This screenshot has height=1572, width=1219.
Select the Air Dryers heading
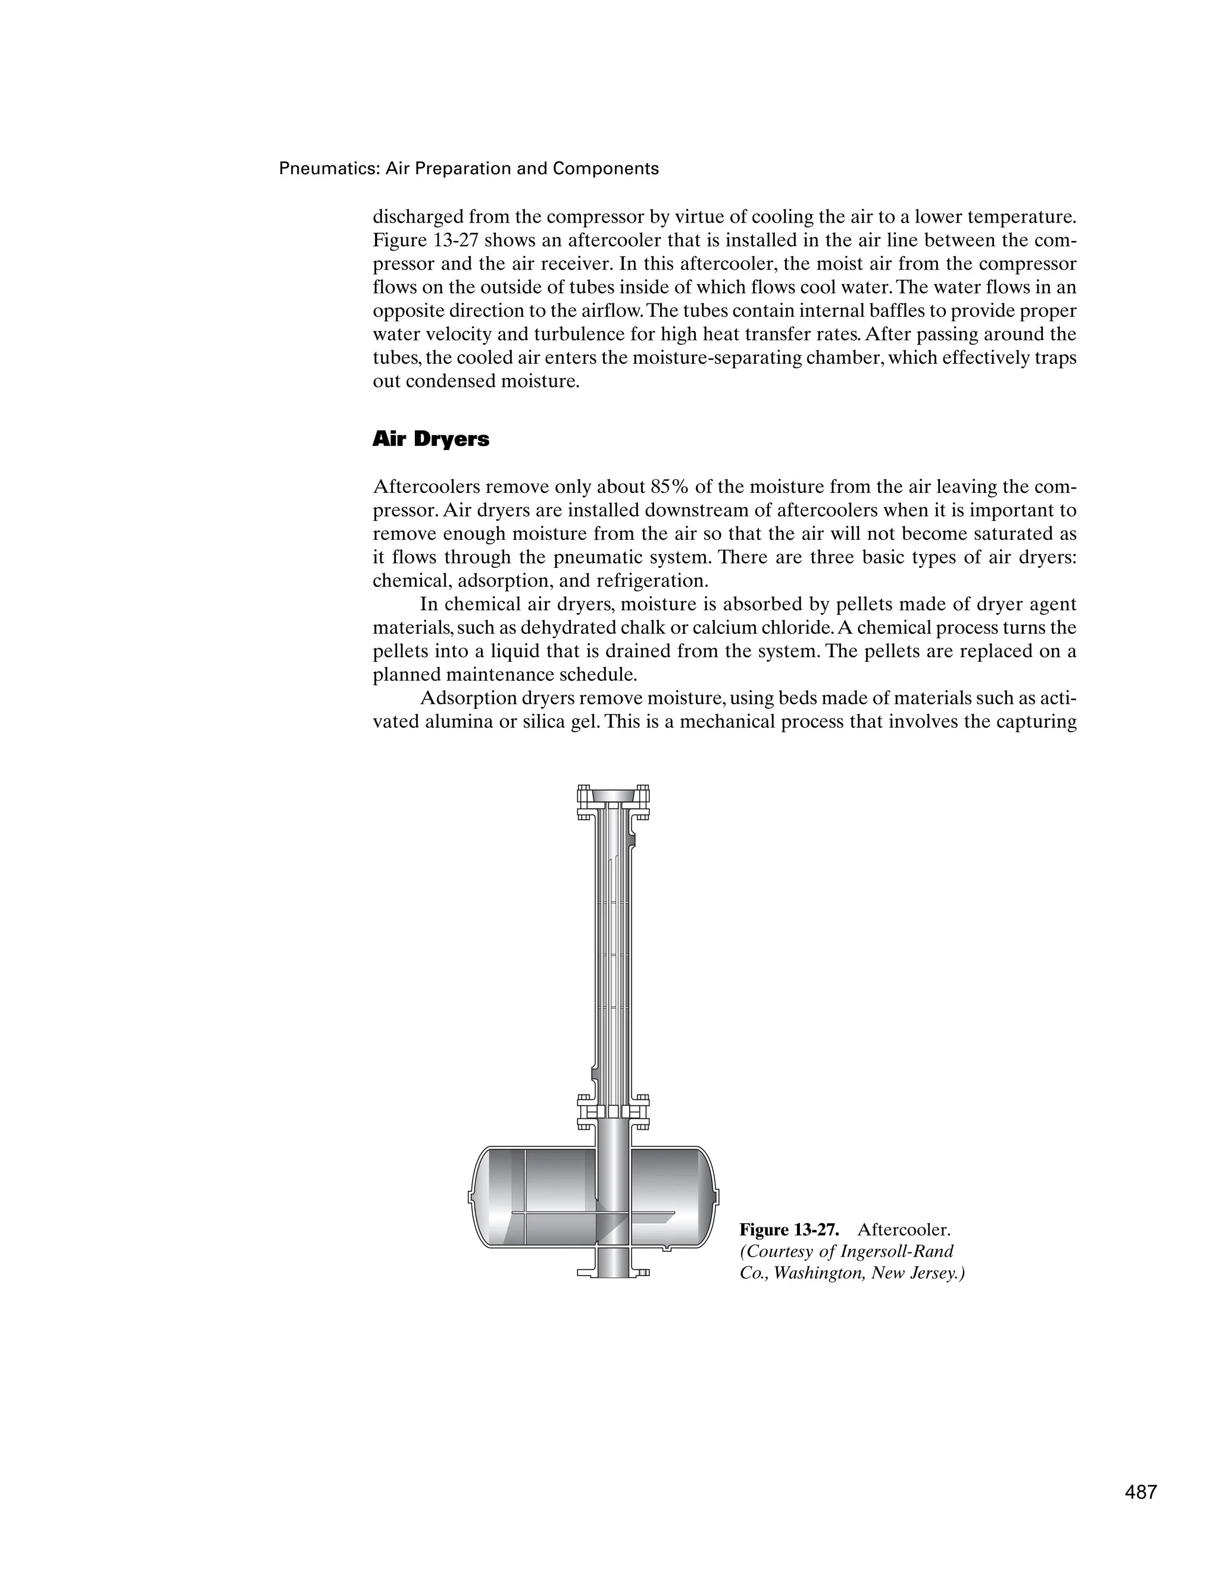pos(430,440)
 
